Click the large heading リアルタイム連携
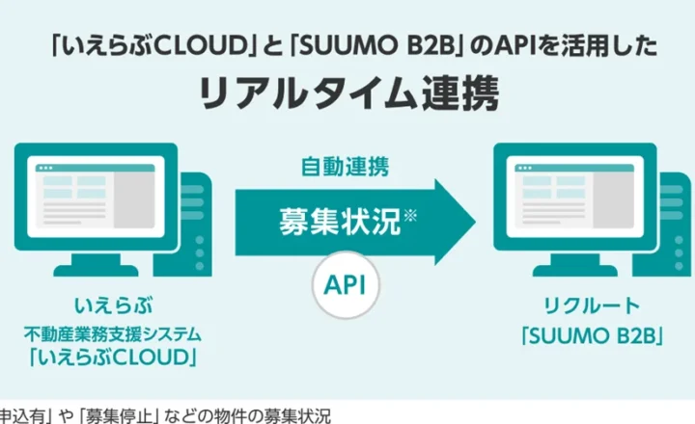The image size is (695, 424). click(x=347, y=93)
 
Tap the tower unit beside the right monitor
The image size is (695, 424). click(x=668, y=222)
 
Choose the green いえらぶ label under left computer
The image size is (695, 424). click(x=115, y=307)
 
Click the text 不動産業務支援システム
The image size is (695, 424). click(x=115, y=333)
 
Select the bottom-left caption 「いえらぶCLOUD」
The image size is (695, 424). click(x=115, y=359)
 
